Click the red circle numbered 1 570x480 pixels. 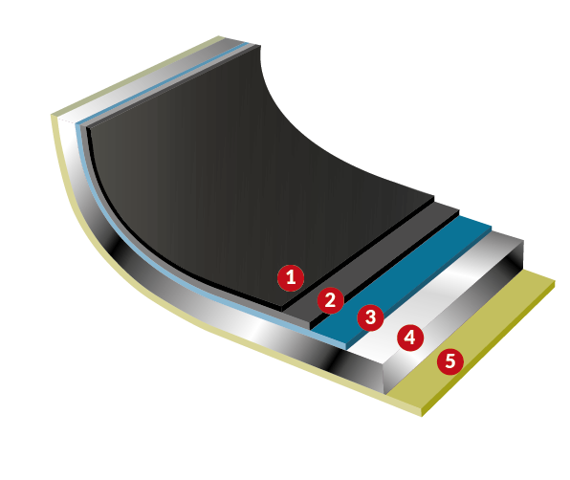coord(291,278)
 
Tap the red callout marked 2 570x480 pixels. coord(331,300)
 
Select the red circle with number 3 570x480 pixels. coord(370,317)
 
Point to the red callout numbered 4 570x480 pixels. coord(410,338)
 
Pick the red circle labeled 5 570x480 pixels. coord(450,361)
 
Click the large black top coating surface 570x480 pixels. coord(232,182)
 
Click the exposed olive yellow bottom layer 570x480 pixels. coord(472,338)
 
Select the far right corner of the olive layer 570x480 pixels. coord(555,280)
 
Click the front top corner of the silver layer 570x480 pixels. coord(384,363)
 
